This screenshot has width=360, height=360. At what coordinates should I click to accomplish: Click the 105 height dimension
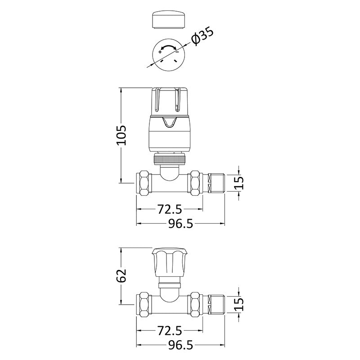(x=121, y=135)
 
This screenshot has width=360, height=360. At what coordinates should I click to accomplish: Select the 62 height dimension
(x=121, y=276)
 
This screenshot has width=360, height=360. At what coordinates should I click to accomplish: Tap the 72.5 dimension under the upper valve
(x=169, y=209)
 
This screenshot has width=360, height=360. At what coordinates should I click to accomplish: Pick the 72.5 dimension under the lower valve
(x=169, y=332)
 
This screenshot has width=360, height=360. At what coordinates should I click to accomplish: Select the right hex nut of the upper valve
(x=195, y=182)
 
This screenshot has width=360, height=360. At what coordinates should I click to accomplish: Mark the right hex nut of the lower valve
(x=195, y=305)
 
